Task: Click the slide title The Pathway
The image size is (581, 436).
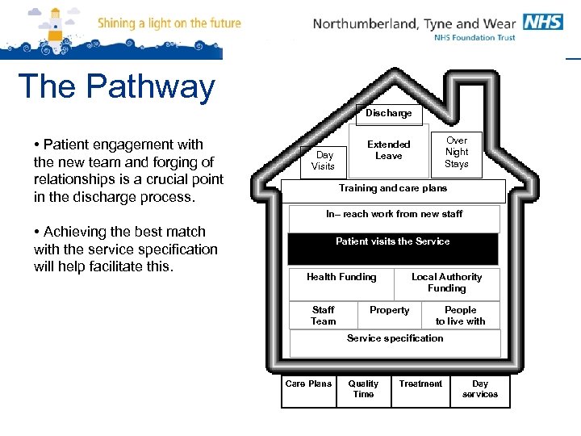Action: point(116,87)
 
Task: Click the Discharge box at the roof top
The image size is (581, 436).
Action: point(389,114)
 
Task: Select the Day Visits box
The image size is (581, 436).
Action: point(324,161)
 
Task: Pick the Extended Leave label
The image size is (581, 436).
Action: point(389,150)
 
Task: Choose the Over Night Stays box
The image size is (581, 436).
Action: point(457,152)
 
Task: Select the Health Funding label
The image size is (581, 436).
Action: point(341,277)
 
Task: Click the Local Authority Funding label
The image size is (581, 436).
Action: point(446,283)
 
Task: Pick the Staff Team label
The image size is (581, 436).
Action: point(323,316)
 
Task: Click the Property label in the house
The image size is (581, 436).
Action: point(389,310)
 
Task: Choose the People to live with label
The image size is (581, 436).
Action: point(460,316)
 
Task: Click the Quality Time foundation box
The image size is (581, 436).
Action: point(363,390)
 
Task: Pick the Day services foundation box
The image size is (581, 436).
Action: point(480,390)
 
